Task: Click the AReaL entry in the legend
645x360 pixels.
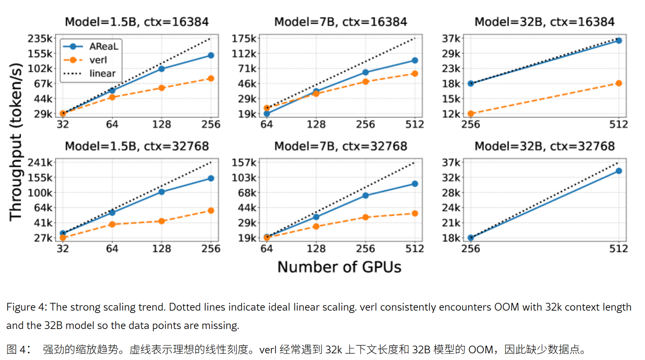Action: (103, 47)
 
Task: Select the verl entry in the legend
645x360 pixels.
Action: (98, 60)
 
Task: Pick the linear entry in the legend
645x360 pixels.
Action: (102, 73)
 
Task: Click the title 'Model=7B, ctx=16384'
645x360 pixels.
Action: (341, 22)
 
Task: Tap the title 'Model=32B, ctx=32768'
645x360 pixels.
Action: (545, 146)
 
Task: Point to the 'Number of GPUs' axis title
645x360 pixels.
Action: (339, 267)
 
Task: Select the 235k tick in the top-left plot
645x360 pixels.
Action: (43, 39)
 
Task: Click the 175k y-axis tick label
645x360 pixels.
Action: (245, 39)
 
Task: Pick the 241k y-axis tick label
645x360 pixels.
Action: (43, 163)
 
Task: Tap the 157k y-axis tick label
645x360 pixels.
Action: (245, 163)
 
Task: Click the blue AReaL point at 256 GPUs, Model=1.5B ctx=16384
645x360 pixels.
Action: (211, 56)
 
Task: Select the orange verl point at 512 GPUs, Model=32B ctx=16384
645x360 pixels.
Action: (619, 83)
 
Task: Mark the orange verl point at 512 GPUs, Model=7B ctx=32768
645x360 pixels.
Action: (415, 214)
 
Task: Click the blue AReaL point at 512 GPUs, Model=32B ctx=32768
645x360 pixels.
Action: (619, 171)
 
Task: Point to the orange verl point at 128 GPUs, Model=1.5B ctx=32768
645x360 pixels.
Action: (162, 221)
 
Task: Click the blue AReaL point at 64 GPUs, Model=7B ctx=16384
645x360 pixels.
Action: (267, 114)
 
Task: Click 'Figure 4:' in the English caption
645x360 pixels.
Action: (26, 307)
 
